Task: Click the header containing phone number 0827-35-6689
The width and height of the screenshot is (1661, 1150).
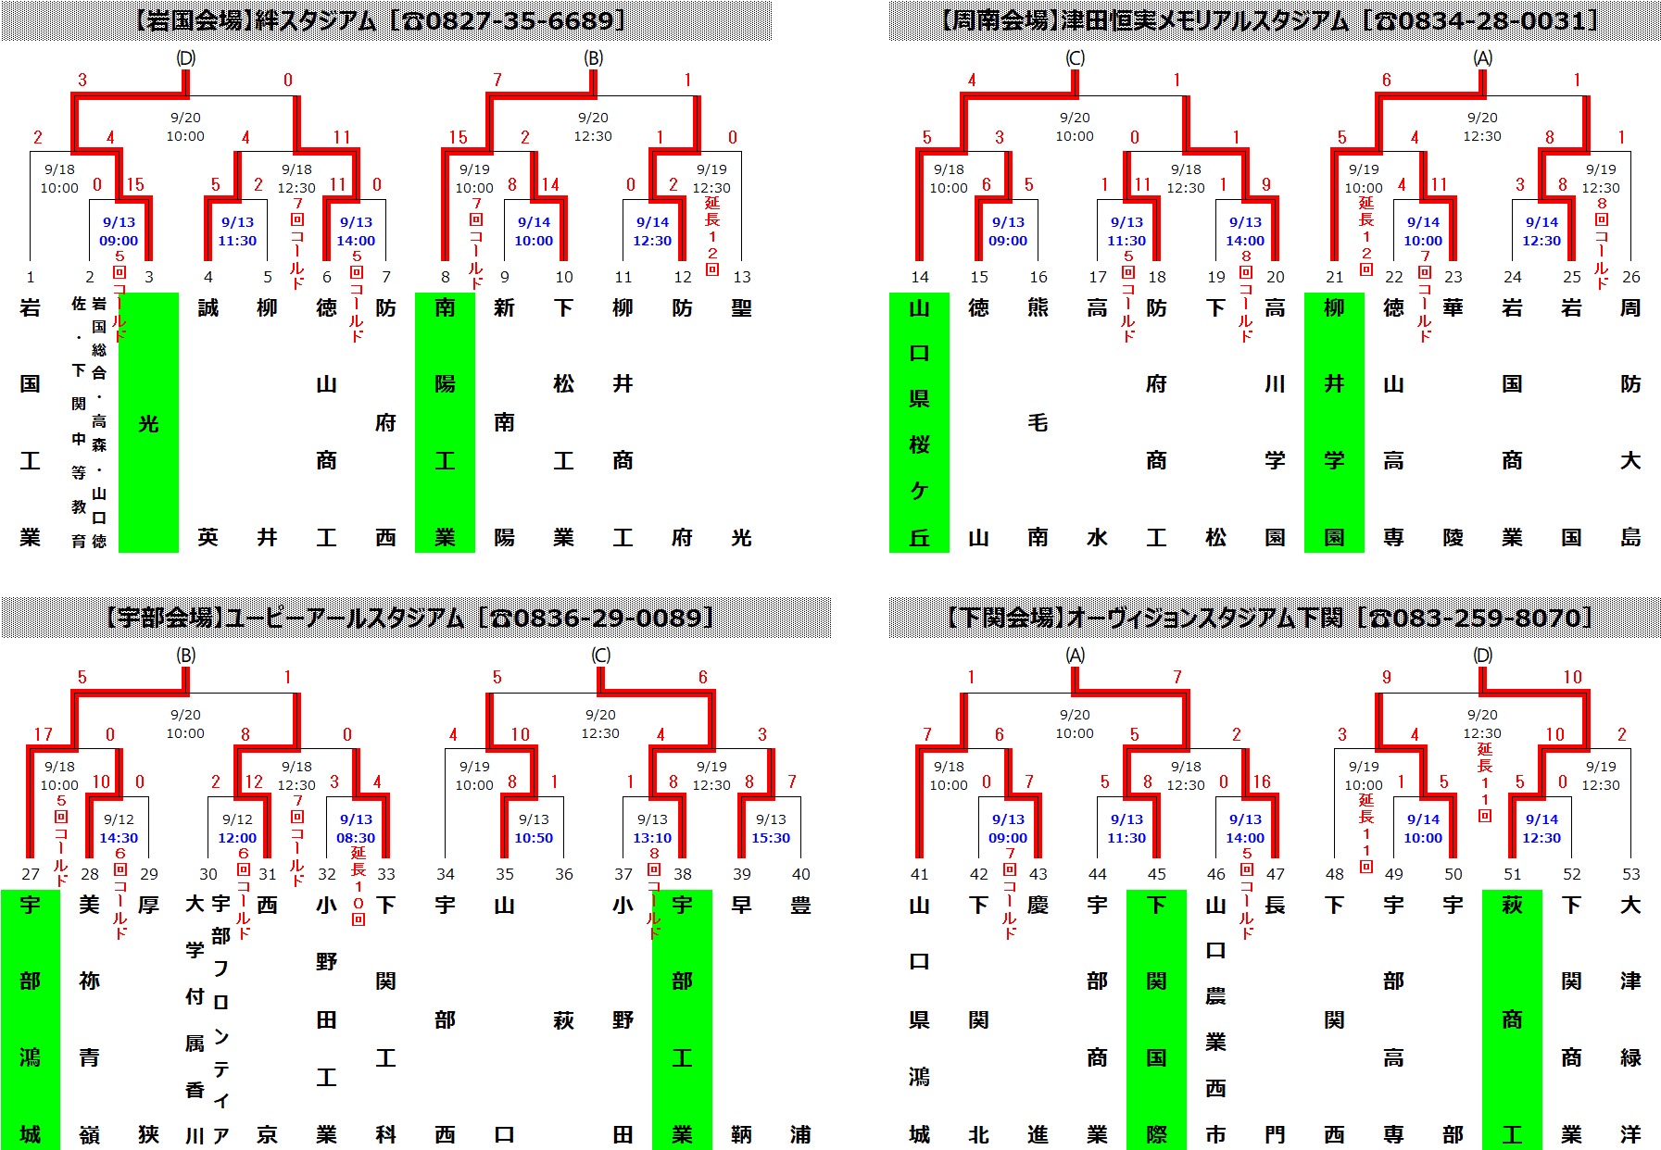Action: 385,20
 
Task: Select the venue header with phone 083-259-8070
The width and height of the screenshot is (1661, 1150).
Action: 1275,618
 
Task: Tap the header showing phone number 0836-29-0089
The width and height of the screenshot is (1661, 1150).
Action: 415,618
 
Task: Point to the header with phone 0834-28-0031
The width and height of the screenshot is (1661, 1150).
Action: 1275,20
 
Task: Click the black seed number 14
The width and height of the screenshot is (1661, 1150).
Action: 919,277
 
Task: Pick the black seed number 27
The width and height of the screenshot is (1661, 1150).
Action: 31,874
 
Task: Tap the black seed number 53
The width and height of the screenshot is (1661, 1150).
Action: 1630,874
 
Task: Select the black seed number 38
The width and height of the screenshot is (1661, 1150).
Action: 683,874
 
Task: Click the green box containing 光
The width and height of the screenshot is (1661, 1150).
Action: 148,422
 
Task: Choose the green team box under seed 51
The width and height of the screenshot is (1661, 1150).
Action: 1512,1019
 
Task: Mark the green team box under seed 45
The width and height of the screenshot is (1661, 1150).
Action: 1156,1019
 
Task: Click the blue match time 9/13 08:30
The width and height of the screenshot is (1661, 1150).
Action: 356,829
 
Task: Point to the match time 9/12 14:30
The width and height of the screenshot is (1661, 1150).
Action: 119,829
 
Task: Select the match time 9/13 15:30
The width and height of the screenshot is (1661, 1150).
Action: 771,829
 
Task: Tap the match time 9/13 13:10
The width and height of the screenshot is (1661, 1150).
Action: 652,829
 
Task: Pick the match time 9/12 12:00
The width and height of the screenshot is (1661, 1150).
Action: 237,829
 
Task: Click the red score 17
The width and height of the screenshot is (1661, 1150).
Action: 43,734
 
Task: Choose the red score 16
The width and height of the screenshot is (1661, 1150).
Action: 1262,781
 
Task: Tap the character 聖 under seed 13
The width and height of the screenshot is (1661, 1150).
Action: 741,308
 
